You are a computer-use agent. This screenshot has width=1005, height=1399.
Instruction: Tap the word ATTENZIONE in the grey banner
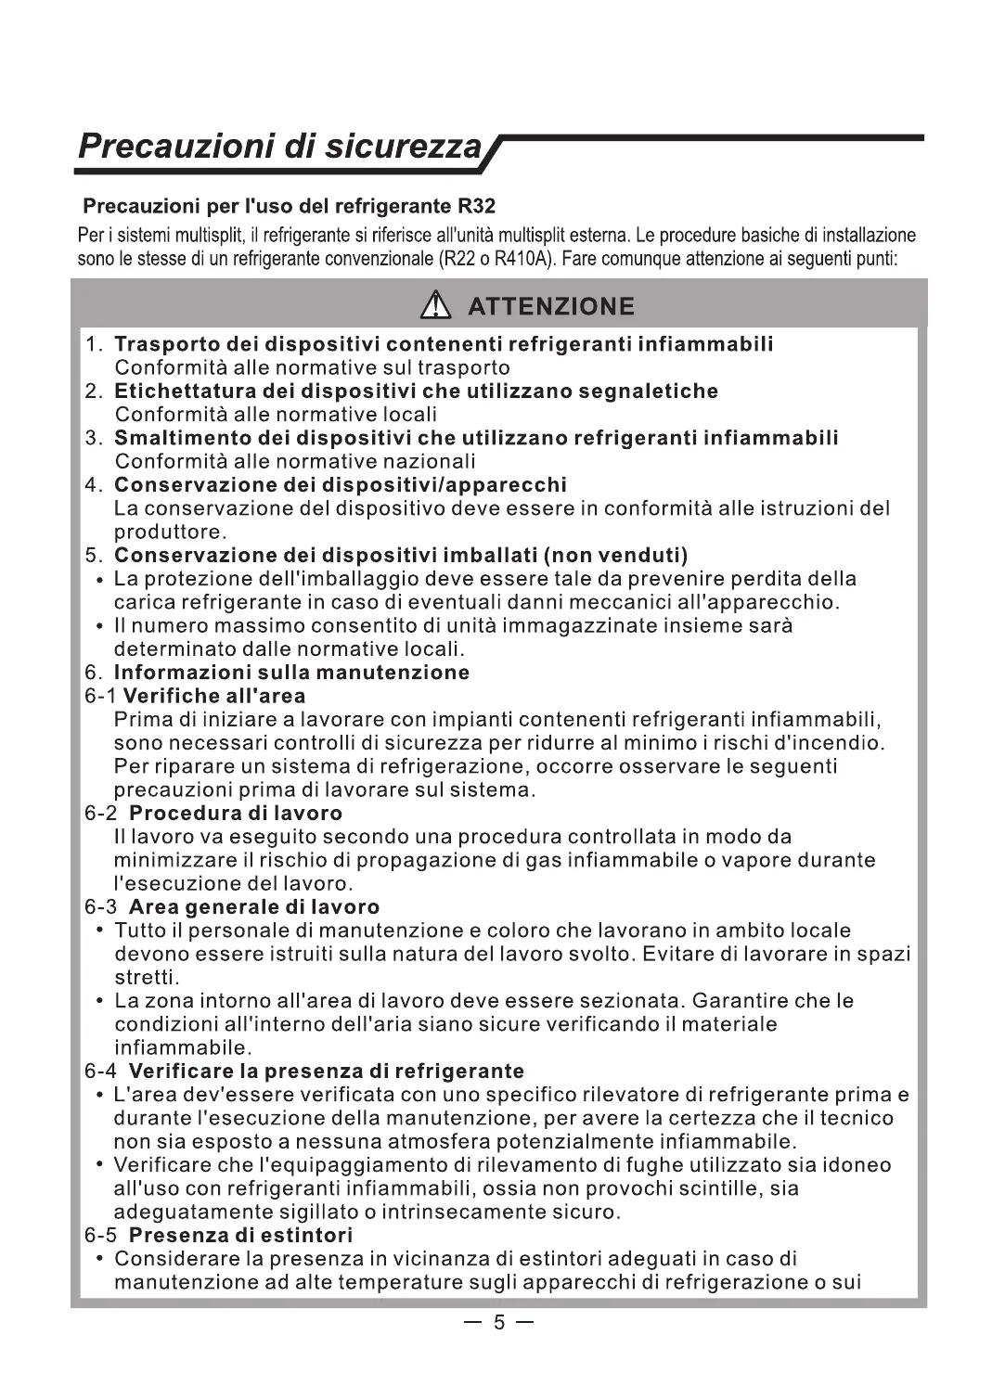click(551, 307)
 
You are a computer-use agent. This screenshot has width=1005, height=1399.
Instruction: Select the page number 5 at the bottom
click(498, 1323)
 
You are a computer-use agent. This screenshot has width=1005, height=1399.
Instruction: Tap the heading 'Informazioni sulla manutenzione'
click(291, 673)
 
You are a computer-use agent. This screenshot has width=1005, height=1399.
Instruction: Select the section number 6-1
click(101, 696)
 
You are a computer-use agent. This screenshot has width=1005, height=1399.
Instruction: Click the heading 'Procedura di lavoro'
click(236, 814)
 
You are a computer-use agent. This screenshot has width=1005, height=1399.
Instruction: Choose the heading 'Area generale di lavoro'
click(254, 907)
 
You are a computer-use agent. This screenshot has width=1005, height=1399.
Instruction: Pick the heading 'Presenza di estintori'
click(241, 1236)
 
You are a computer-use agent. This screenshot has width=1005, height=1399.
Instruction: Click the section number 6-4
click(101, 1072)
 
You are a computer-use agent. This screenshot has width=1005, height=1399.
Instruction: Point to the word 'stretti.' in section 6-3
click(147, 978)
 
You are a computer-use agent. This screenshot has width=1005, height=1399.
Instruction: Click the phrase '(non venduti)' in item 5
click(615, 556)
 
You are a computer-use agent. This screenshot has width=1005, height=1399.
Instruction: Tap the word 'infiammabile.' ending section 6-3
click(170, 1048)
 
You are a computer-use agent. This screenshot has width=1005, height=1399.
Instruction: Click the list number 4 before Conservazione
click(91, 485)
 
